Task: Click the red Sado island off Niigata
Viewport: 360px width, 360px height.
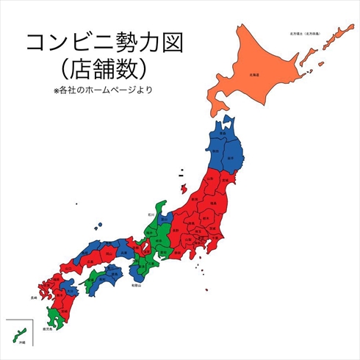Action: coord(181,175)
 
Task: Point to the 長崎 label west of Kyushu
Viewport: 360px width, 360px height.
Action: coord(32,298)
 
